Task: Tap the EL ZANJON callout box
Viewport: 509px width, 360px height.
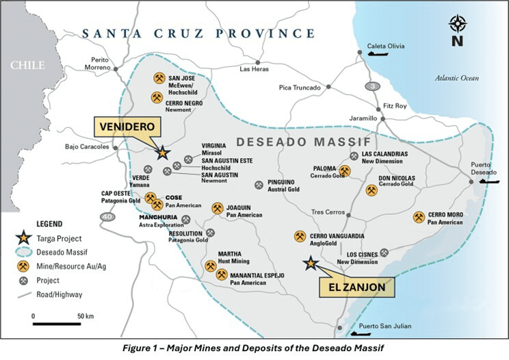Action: (356, 287)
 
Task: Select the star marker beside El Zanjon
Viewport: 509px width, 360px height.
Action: (311, 262)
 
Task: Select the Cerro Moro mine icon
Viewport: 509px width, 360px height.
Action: (419, 217)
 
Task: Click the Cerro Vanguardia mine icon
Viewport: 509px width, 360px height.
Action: (300, 236)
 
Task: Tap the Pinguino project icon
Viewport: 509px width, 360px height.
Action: (259, 185)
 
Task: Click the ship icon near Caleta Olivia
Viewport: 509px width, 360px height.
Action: (376, 60)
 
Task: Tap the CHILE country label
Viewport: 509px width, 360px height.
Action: (27, 66)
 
